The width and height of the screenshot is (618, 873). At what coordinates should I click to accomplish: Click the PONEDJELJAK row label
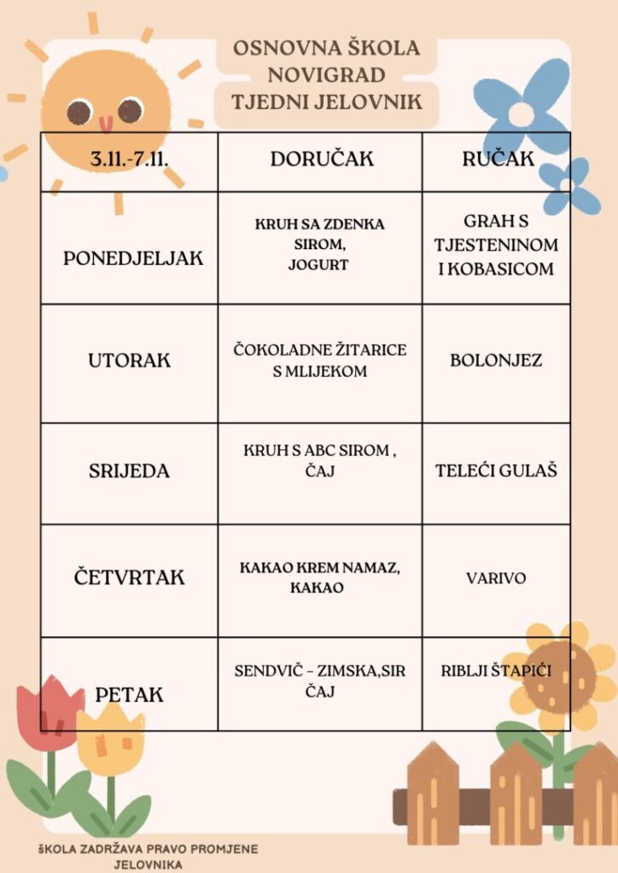tap(133, 258)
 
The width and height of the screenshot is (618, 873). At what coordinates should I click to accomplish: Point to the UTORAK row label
tap(129, 360)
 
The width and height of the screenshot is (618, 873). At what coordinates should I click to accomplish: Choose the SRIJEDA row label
tap(129, 471)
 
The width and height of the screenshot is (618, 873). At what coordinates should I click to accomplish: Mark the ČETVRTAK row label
tap(128, 578)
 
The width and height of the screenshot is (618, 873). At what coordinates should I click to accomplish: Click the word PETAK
tap(129, 695)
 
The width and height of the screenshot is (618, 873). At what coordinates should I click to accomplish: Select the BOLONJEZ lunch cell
tap(496, 360)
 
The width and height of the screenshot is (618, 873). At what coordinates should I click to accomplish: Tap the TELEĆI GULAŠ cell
tap(496, 471)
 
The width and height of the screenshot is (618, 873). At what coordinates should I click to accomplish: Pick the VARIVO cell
tap(496, 578)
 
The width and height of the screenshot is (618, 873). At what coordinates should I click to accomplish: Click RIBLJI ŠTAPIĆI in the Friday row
tap(496, 671)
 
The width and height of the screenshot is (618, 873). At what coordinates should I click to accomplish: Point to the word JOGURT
tap(320, 265)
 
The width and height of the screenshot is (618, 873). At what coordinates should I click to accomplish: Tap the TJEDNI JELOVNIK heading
tap(327, 101)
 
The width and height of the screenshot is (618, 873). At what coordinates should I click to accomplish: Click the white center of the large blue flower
tap(521, 113)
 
